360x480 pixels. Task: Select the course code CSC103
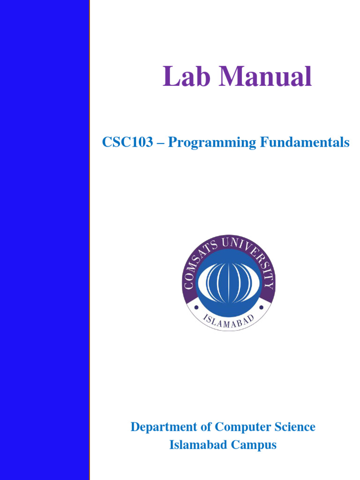pyautogui.click(x=127, y=142)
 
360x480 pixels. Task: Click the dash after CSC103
pyautogui.click(x=160, y=143)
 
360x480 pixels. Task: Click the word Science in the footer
pyautogui.click(x=293, y=427)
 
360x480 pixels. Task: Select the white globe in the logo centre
pyautogui.click(x=228, y=283)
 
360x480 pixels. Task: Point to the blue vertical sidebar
pyautogui.click(x=45, y=240)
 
